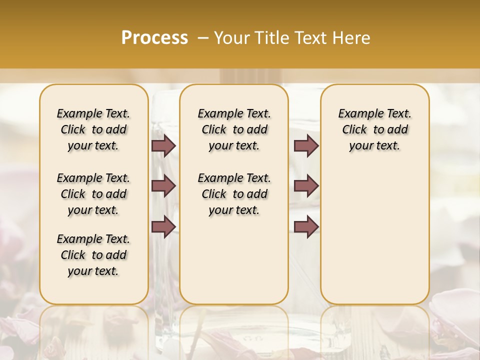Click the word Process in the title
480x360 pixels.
(154, 38)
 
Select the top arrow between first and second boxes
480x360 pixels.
(163, 145)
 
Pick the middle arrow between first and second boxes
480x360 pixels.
(163, 186)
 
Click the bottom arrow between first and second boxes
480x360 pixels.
(163, 226)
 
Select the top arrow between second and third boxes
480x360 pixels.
(306, 145)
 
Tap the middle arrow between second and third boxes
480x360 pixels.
(306, 186)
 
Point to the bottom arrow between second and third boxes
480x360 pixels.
(306, 226)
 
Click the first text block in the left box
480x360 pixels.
(93, 129)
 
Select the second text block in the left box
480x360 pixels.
(93, 194)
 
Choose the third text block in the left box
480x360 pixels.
(93, 255)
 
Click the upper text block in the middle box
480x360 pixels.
(234, 129)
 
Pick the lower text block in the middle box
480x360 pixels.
(234, 194)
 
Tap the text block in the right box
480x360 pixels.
(374, 129)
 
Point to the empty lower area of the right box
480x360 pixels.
(374, 235)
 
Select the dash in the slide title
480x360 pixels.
(203, 38)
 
